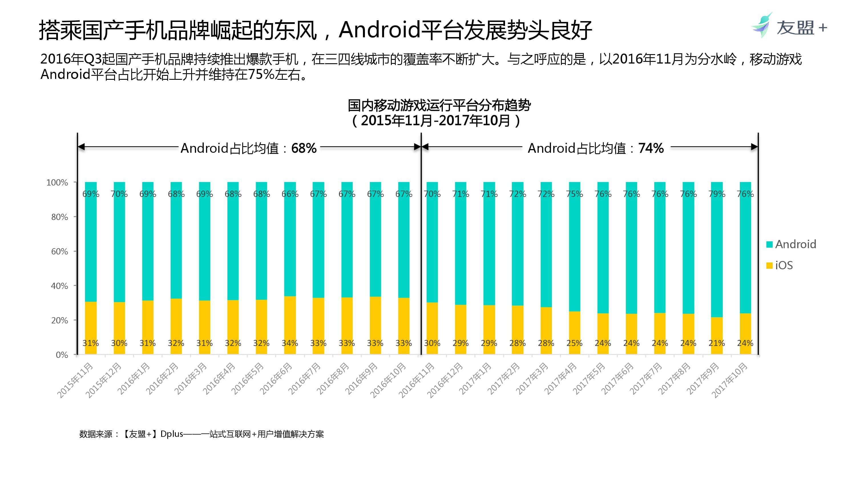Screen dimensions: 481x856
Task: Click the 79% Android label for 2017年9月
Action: pos(717,194)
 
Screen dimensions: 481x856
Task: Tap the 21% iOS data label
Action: pos(716,343)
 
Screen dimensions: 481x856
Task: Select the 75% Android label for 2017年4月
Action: pos(575,194)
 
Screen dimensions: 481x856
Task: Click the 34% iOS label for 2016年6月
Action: pos(290,343)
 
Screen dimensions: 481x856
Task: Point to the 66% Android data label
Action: pos(290,194)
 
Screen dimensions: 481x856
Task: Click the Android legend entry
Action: pos(791,244)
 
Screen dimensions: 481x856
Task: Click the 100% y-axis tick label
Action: pos(57,182)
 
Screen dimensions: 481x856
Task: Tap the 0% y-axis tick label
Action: pos(62,355)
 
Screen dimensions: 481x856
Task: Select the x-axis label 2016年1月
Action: pos(134,378)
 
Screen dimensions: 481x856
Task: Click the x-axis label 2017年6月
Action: pos(617,378)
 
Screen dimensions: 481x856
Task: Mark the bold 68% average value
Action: pos(304,148)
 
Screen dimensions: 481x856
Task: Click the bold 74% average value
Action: pos(651,148)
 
